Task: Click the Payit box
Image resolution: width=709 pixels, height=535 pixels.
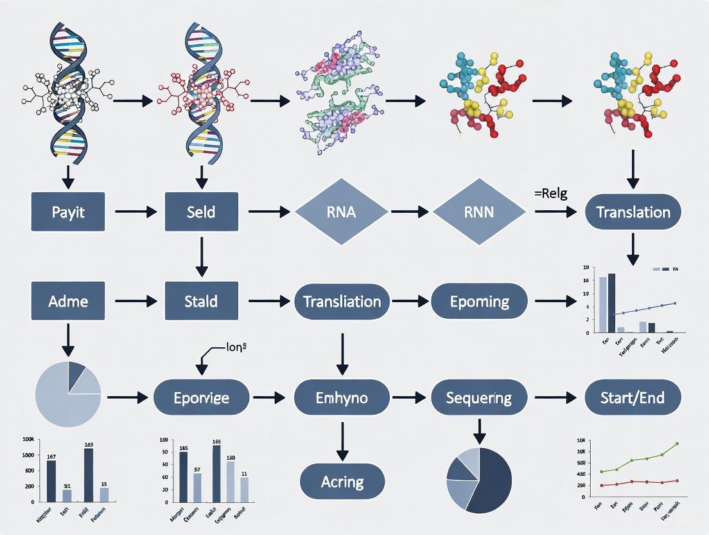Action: tap(67, 212)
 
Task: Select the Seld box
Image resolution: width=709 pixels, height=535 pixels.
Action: tap(201, 212)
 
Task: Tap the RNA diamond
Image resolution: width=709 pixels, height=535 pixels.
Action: tap(341, 212)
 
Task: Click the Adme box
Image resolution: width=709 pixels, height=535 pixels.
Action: tap(67, 301)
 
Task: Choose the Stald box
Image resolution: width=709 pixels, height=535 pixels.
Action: tap(201, 301)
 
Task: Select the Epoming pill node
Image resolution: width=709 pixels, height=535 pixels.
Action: tap(479, 301)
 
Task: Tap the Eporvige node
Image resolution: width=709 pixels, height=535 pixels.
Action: tap(201, 397)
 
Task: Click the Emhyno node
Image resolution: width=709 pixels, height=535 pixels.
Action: tap(342, 397)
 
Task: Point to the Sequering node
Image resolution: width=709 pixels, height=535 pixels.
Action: tap(479, 397)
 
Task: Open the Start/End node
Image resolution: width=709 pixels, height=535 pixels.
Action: tap(633, 397)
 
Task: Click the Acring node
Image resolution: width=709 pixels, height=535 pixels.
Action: tap(342, 482)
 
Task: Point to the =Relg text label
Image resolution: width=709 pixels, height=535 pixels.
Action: tap(550, 194)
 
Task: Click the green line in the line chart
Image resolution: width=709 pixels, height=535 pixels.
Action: tap(642, 458)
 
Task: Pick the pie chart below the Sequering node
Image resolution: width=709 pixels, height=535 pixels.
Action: tap(479, 480)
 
